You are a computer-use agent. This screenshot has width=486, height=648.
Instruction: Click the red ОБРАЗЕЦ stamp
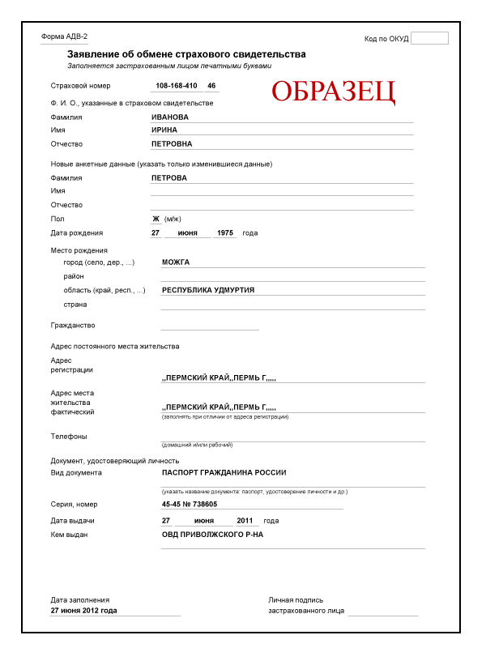click(333, 92)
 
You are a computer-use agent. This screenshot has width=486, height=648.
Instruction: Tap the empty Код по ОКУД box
click(429, 38)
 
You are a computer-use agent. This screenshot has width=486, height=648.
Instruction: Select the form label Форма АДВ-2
click(64, 37)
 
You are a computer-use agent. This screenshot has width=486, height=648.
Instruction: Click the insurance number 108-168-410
click(175, 85)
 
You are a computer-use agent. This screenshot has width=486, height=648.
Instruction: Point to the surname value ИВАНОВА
click(170, 117)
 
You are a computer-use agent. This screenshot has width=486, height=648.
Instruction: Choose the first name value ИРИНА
click(164, 130)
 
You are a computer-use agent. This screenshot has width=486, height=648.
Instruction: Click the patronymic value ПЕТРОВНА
click(172, 143)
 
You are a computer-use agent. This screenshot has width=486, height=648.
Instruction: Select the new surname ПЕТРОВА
click(169, 178)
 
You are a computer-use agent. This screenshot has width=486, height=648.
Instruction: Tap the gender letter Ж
click(156, 219)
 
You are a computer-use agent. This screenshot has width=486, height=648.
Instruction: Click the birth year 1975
click(225, 233)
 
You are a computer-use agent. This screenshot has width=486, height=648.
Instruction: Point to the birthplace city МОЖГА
click(175, 262)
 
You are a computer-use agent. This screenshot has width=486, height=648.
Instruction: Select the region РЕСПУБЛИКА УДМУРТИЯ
click(208, 290)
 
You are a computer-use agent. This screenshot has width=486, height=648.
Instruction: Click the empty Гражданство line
click(210, 326)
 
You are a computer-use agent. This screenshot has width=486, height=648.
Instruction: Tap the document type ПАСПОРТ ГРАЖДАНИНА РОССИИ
click(224, 472)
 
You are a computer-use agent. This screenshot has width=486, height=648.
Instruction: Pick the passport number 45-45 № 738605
click(201, 504)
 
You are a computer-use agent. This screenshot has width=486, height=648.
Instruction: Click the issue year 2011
click(248, 520)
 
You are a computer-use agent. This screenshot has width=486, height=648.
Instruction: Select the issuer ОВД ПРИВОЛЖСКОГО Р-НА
click(212, 535)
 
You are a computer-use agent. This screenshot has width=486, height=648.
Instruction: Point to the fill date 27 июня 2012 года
click(83, 610)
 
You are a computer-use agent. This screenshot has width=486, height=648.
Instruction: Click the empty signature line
click(383, 612)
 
